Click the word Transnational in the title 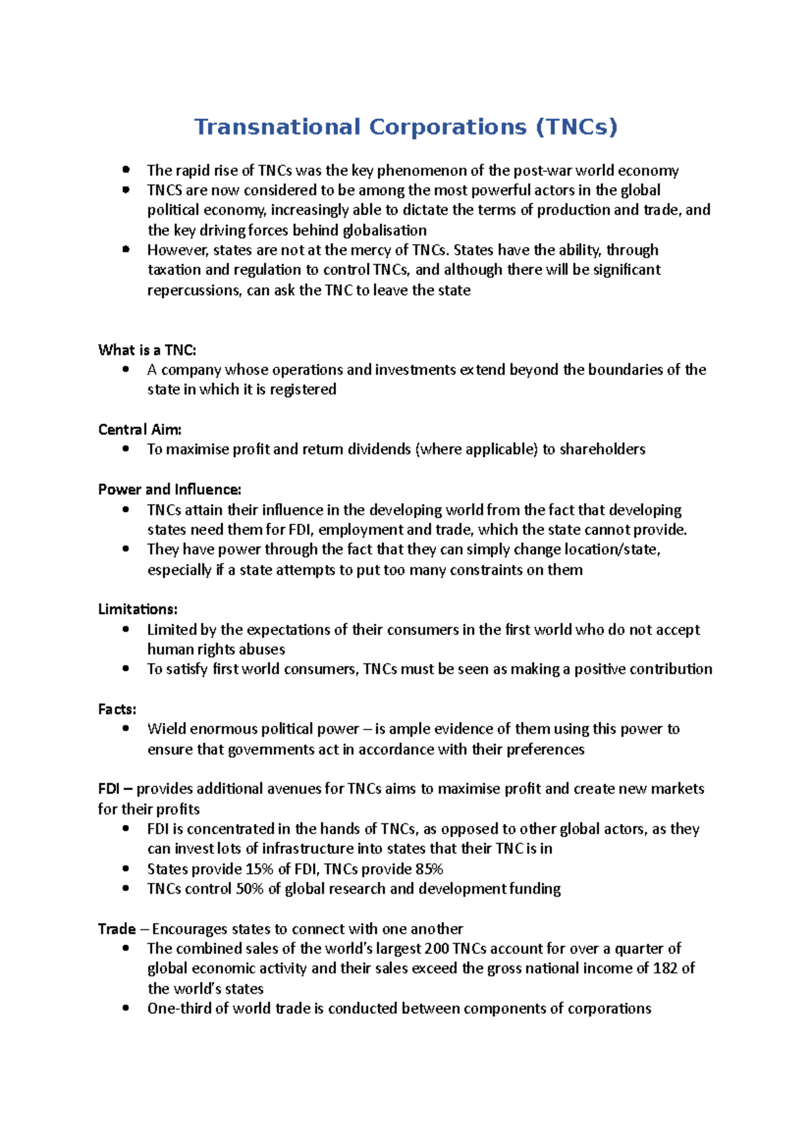277,127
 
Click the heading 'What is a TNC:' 147,350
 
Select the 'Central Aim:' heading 139,430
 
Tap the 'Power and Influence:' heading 169,490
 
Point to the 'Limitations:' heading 137,609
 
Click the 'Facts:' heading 117,709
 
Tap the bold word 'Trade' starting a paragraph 116,929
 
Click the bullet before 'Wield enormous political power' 126,728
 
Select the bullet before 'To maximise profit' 126,449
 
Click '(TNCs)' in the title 576,127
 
